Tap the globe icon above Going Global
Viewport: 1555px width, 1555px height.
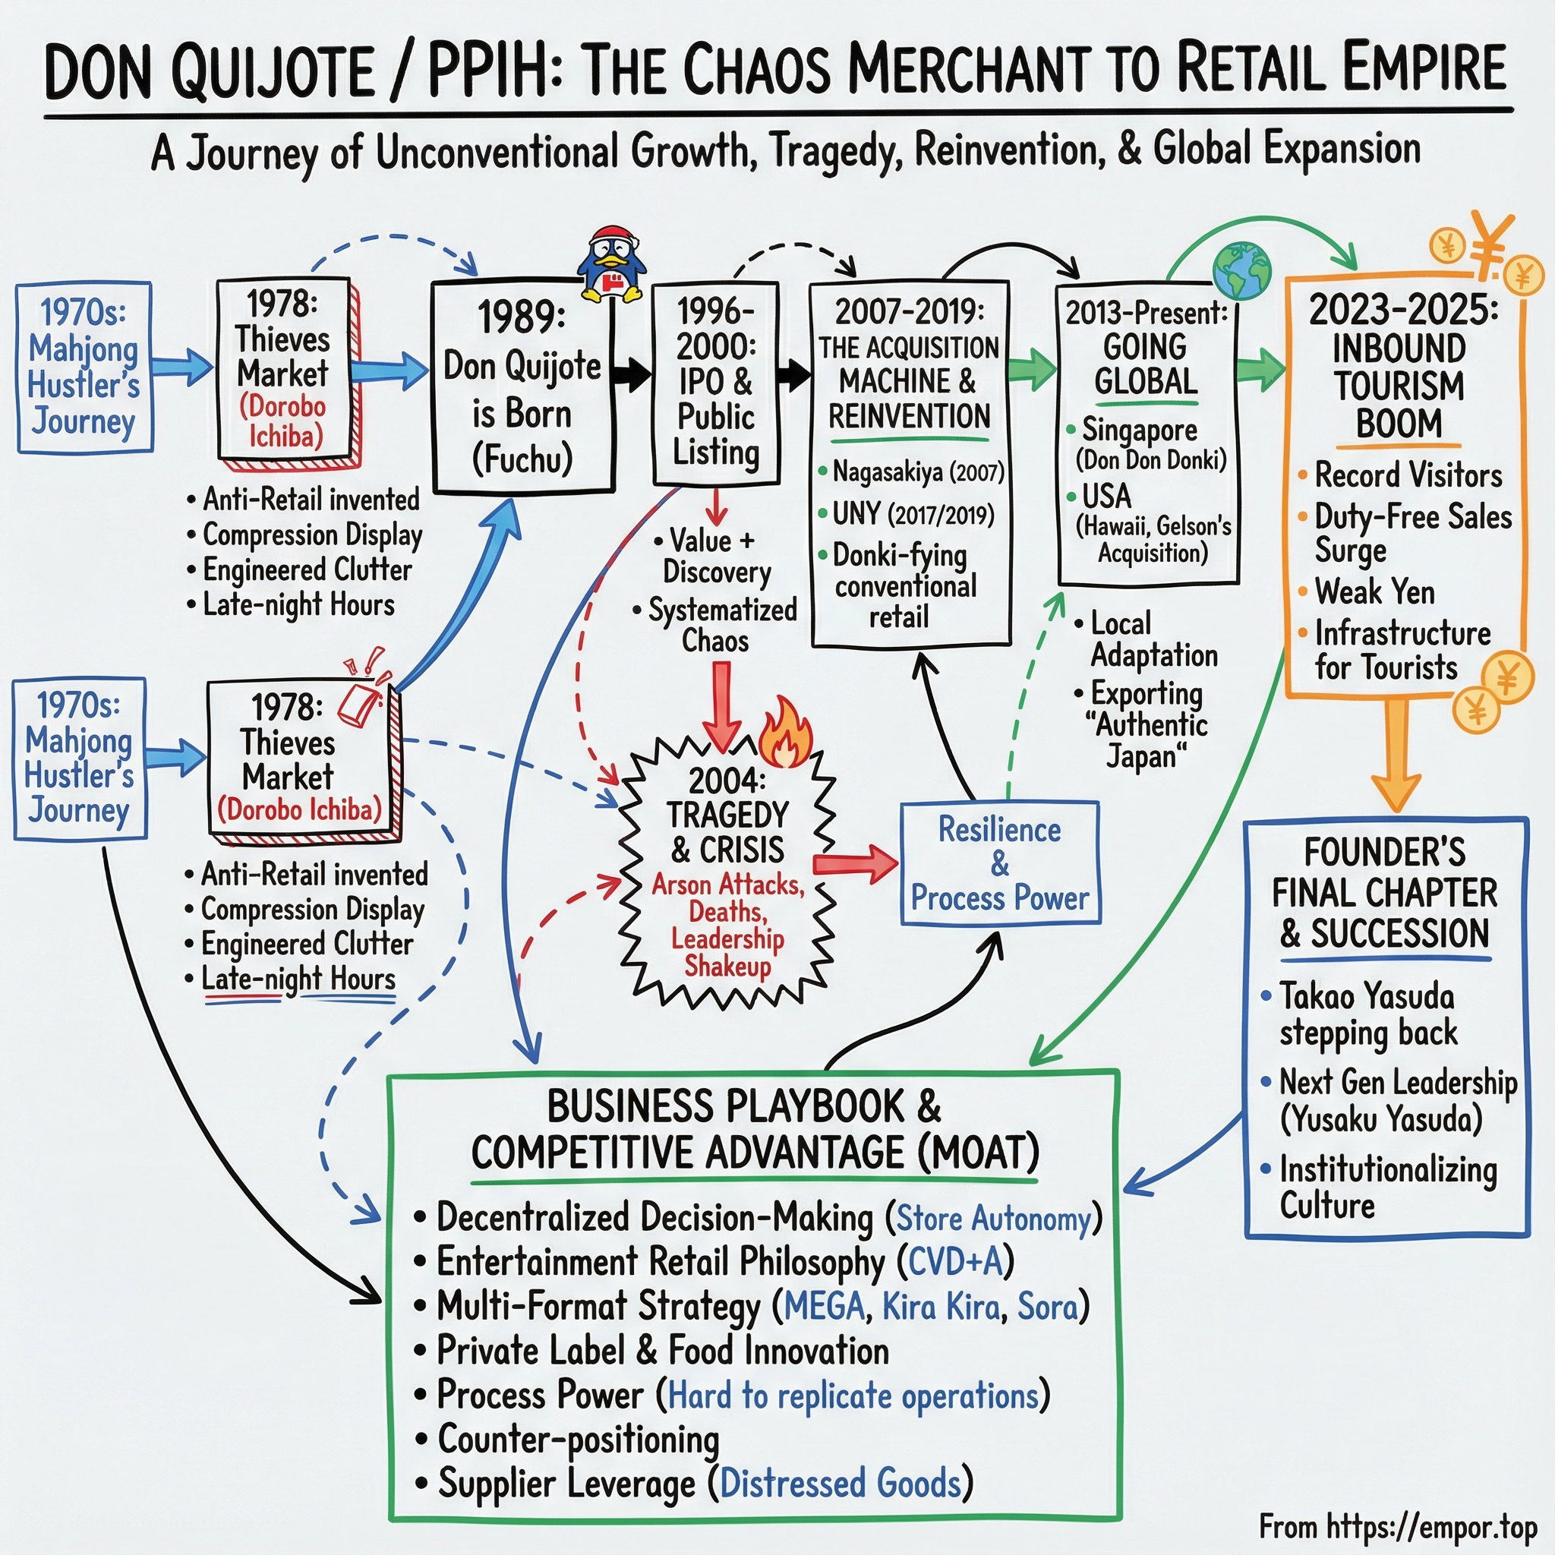[x=1241, y=271]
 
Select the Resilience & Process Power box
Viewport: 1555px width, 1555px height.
[x=1000, y=863]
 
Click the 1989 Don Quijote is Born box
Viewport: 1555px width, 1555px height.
[x=523, y=387]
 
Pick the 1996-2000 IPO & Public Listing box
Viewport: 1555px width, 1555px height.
[x=715, y=383]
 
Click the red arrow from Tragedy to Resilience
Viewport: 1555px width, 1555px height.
[x=856, y=863]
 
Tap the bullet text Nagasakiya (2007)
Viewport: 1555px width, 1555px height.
[x=917, y=472]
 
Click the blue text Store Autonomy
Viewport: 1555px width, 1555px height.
[x=993, y=1219]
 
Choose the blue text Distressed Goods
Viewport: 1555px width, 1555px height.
[x=841, y=1483]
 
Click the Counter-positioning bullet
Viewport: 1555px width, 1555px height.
[x=578, y=1439]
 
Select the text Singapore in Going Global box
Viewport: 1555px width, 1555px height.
[x=1139, y=431]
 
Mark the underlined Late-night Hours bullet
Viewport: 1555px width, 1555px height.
[x=298, y=979]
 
